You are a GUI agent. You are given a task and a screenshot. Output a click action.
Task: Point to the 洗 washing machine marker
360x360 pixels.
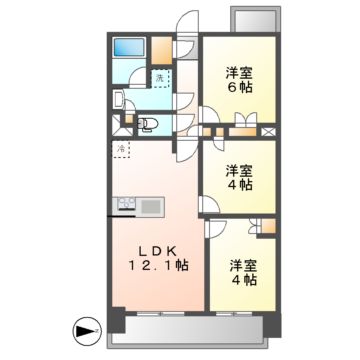click(x=158, y=78)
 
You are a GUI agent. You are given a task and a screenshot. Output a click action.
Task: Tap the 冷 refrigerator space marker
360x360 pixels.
click(x=121, y=151)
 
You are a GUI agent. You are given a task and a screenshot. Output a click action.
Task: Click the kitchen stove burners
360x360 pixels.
click(x=125, y=206)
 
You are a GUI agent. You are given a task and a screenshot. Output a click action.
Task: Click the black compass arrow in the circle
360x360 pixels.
click(x=87, y=327)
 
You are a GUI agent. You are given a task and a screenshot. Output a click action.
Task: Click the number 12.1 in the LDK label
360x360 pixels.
click(x=159, y=268)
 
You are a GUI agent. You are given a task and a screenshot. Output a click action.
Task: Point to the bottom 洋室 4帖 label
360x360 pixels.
click(x=243, y=274)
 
